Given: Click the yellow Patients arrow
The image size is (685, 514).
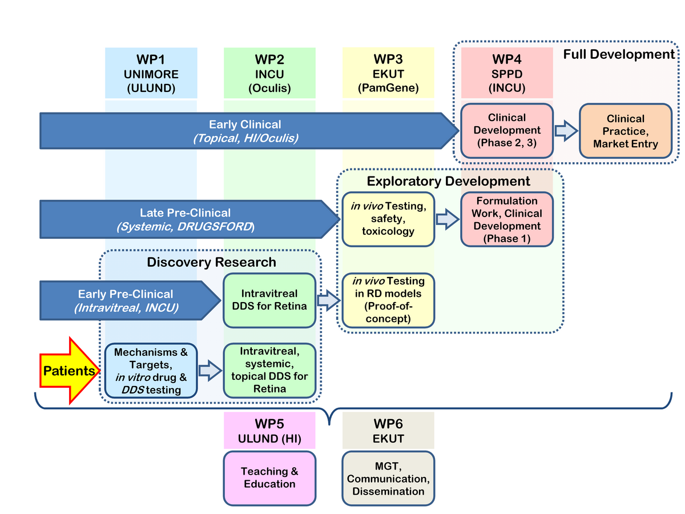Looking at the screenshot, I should tap(68, 371).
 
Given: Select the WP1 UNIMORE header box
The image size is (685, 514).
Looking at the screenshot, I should tap(151, 73).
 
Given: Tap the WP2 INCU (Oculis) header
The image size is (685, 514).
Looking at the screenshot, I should tap(270, 73).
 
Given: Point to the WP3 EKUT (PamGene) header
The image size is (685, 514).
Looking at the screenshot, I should tap(388, 73).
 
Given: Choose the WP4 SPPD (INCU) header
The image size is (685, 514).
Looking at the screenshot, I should tap(507, 73).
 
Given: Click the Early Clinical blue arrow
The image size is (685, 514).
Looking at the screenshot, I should tap(245, 131).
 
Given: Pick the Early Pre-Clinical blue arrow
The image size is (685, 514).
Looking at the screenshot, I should tap(126, 300).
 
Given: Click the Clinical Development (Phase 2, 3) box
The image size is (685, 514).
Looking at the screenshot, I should tap(507, 131).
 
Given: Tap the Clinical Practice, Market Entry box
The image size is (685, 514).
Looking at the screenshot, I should tap(626, 131).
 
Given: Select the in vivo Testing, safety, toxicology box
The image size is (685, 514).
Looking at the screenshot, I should tap(388, 219).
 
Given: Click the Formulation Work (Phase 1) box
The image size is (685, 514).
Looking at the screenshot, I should tap(507, 219).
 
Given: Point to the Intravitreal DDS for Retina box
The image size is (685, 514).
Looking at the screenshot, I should tap(270, 300).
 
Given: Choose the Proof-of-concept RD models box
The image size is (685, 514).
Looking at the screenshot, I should tap(388, 300).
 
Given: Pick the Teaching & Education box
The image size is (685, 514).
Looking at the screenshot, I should tap(270, 477).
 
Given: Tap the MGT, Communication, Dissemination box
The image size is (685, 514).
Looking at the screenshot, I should tap(388, 477).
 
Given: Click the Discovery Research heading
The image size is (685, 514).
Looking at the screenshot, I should tap(211, 262).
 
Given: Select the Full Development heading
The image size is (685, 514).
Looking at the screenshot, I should tap(619, 55).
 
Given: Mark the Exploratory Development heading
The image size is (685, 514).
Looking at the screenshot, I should tap(448, 181).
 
